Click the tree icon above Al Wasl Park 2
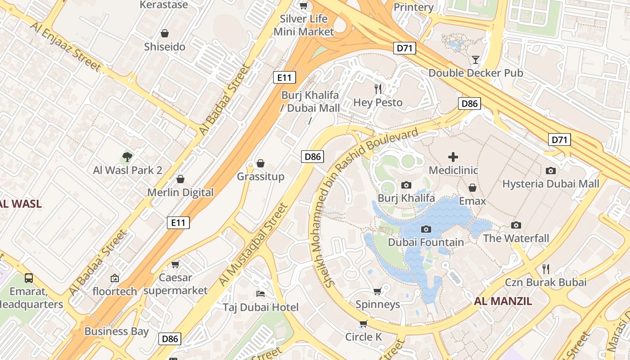tap(127, 157)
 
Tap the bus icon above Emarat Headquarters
tap(29, 278)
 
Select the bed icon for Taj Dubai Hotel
tap(260, 293)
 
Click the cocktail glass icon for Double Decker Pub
tap(476, 59)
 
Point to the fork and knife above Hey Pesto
tap(378, 89)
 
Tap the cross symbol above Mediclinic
tap(453, 157)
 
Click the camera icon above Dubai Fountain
tap(426, 229)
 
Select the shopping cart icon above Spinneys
tap(377, 291)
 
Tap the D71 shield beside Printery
tap(404, 48)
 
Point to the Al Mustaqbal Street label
tap(253, 244)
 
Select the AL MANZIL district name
tap(503, 301)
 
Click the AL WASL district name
tap(20, 204)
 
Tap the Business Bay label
tap(117, 332)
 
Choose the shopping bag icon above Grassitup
tap(260, 163)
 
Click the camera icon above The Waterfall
tap(516, 225)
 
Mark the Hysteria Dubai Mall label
tap(550, 184)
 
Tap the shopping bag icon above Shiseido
tap(165, 33)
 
